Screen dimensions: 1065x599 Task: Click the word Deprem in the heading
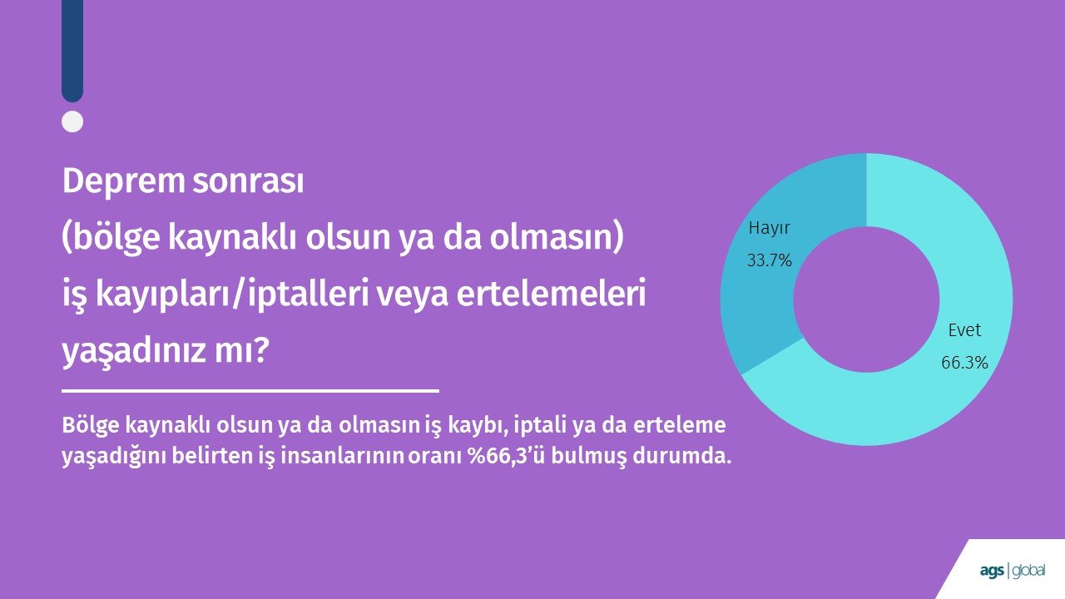[123, 182]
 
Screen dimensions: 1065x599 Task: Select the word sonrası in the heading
[248, 181]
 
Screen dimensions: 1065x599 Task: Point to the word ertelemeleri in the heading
[551, 295]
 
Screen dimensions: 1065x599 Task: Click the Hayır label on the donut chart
[769, 229]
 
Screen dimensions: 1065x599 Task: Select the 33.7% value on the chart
[770, 260]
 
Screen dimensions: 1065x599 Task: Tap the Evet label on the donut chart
[964, 330]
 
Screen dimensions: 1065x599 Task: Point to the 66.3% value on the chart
[964, 363]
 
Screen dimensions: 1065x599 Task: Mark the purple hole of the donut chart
[866, 299]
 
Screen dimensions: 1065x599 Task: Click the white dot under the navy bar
[72, 121]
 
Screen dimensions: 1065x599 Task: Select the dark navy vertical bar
[72, 51]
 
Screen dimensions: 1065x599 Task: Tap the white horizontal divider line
[250, 391]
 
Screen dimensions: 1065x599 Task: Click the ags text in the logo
[992, 571]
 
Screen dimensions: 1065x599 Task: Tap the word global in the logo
[1028, 571]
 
